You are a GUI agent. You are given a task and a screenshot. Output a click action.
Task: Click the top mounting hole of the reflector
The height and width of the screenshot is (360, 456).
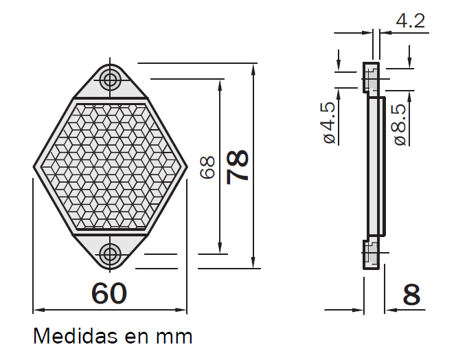point(110,80)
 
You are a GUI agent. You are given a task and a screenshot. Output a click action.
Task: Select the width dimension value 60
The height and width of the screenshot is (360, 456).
point(109,293)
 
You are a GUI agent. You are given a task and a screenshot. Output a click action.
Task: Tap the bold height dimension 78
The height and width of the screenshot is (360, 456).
point(238,167)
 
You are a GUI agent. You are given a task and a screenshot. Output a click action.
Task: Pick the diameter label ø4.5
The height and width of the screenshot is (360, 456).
point(328,122)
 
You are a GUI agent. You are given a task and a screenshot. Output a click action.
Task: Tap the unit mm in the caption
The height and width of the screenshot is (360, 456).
point(174,337)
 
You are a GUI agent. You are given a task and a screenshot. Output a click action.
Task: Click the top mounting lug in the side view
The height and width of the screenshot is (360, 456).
point(371,78)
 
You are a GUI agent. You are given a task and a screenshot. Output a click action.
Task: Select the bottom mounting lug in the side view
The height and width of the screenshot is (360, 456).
point(371,256)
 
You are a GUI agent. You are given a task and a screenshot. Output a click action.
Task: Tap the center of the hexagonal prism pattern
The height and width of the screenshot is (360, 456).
point(110,167)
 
